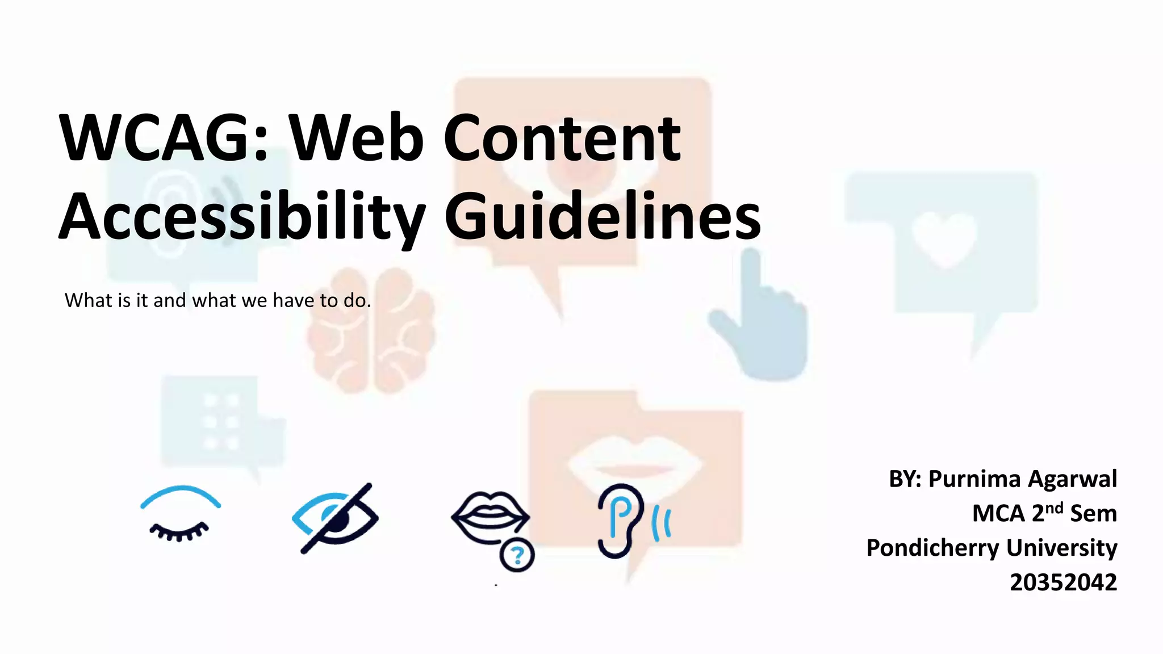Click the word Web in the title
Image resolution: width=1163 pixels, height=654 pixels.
(356, 138)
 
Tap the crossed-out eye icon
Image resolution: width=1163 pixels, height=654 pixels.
(335, 518)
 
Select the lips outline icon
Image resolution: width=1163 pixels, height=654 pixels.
(490, 516)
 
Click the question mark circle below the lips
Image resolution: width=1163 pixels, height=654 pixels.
(517, 555)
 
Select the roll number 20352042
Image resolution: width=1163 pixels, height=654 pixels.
(1063, 582)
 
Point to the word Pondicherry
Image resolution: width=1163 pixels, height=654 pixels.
(932, 548)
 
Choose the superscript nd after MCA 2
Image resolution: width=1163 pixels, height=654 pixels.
(1054, 507)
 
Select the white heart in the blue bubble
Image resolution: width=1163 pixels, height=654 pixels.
(944, 238)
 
